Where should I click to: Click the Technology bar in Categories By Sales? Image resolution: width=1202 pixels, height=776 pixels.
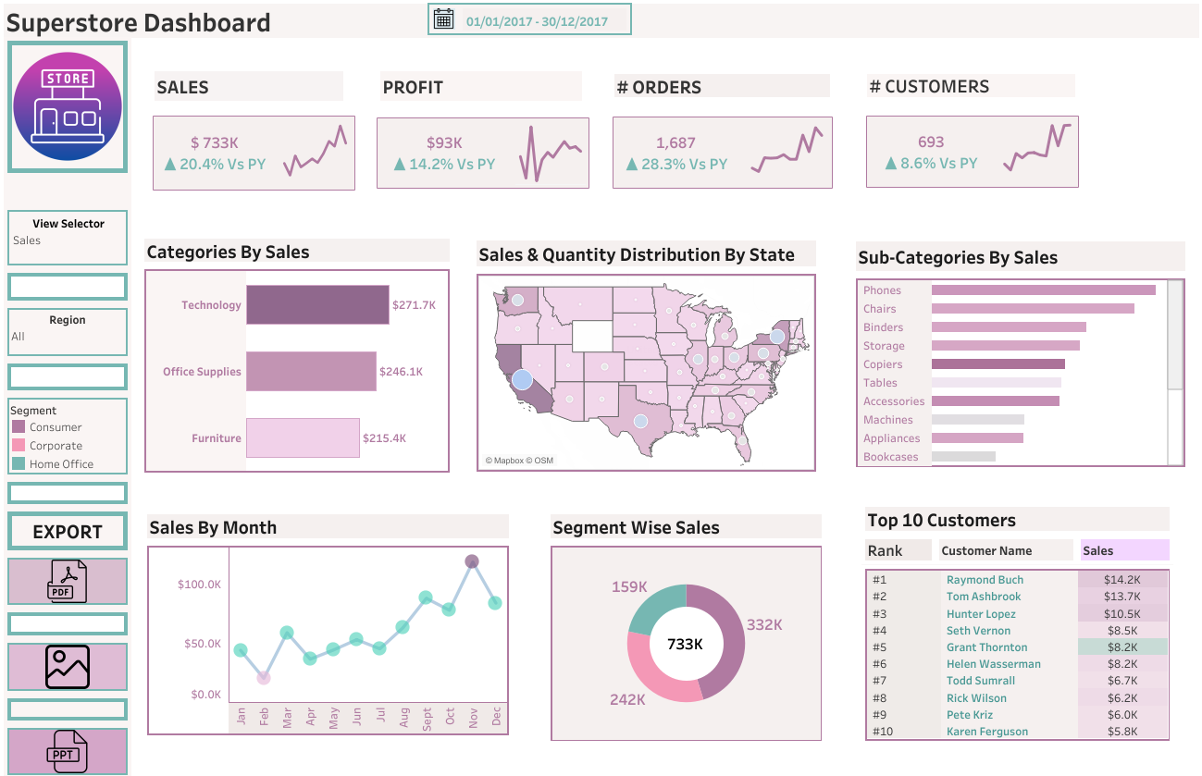[x=317, y=305]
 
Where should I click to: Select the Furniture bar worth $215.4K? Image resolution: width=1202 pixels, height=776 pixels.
[x=303, y=437]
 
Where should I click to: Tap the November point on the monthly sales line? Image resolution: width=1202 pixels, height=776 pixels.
[x=472, y=561]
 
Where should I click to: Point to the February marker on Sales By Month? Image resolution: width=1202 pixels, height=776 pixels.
[x=264, y=678]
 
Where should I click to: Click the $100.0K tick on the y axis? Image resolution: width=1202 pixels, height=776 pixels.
[x=200, y=585]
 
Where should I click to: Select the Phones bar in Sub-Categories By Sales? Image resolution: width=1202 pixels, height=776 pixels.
[x=1043, y=290]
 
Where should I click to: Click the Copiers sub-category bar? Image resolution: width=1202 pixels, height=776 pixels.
[x=998, y=364]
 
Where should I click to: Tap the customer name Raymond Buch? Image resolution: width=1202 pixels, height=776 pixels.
[x=985, y=580]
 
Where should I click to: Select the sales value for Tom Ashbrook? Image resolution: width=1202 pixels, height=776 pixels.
[x=1121, y=597]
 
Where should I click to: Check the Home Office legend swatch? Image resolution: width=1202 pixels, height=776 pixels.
[x=19, y=464]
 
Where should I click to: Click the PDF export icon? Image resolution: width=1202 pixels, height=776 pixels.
[x=68, y=581]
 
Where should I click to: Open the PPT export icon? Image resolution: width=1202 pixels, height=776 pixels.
[x=68, y=751]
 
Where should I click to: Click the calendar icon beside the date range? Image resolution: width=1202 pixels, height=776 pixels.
[x=444, y=18]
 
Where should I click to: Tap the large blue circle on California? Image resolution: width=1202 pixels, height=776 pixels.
[x=522, y=379]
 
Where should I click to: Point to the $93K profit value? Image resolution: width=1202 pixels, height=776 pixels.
[x=444, y=143]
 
